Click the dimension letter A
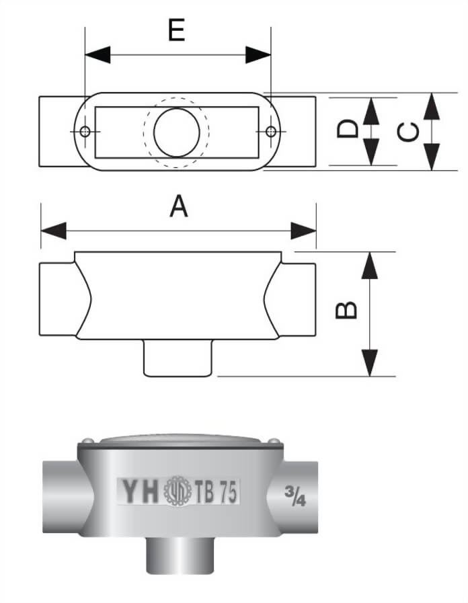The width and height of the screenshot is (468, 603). [x=178, y=207]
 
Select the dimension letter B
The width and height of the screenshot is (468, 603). [x=346, y=310]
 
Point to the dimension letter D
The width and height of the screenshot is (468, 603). [x=347, y=130]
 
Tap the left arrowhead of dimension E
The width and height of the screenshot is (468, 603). [x=97, y=54]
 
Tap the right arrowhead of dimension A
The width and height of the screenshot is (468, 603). [x=303, y=231]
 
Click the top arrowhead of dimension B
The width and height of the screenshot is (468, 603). [x=369, y=266]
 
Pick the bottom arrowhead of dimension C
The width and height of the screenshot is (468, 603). [x=432, y=157]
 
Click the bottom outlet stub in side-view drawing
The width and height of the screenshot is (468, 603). [x=178, y=358]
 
